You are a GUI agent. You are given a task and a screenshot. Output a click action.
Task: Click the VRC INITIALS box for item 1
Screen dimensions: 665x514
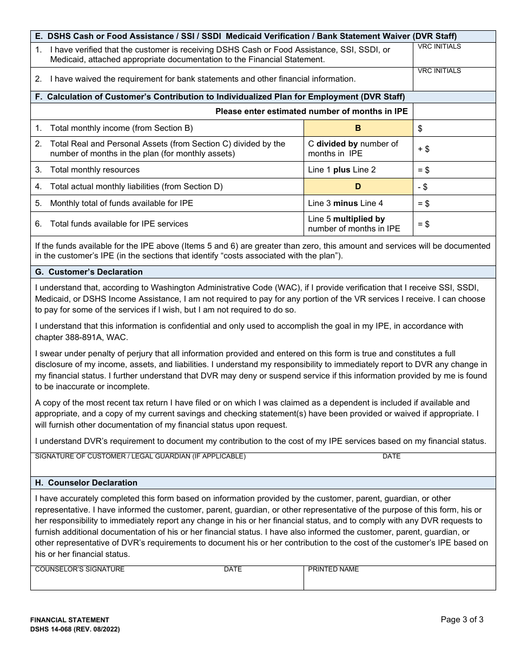click(454, 55)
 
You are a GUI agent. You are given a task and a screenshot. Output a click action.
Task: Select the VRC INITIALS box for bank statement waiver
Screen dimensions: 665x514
click(454, 79)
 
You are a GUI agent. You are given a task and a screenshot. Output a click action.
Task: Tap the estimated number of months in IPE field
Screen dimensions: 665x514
click(454, 111)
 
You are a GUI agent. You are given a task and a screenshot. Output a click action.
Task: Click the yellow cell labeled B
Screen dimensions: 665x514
click(358, 128)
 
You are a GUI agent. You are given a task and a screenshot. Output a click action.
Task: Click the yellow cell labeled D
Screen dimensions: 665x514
click(358, 187)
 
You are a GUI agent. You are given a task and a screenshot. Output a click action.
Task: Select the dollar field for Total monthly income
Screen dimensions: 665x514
click(454, 128)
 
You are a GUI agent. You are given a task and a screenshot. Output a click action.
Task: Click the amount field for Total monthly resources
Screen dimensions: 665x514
click(454, 170)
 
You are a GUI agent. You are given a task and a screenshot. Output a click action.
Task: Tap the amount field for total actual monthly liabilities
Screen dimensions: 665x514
click(454, 187)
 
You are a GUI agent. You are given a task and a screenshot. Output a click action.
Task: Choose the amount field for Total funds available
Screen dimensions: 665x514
click(454, 224)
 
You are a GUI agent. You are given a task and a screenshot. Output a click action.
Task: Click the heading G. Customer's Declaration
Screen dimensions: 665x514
click(89, 272)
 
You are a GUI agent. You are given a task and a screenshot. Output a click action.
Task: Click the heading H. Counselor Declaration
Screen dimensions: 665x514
click(86, 483)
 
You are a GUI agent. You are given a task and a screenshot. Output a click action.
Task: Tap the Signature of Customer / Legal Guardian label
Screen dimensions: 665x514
click(140, 456)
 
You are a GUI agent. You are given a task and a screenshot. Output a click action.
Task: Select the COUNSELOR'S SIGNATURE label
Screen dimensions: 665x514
click(80, 569)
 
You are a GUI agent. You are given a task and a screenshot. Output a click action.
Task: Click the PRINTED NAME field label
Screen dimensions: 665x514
click(333, 569)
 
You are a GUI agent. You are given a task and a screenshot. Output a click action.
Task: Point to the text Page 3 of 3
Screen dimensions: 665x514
click(462, 620)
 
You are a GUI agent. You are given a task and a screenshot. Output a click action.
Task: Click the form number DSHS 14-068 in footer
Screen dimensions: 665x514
click(75, 629)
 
